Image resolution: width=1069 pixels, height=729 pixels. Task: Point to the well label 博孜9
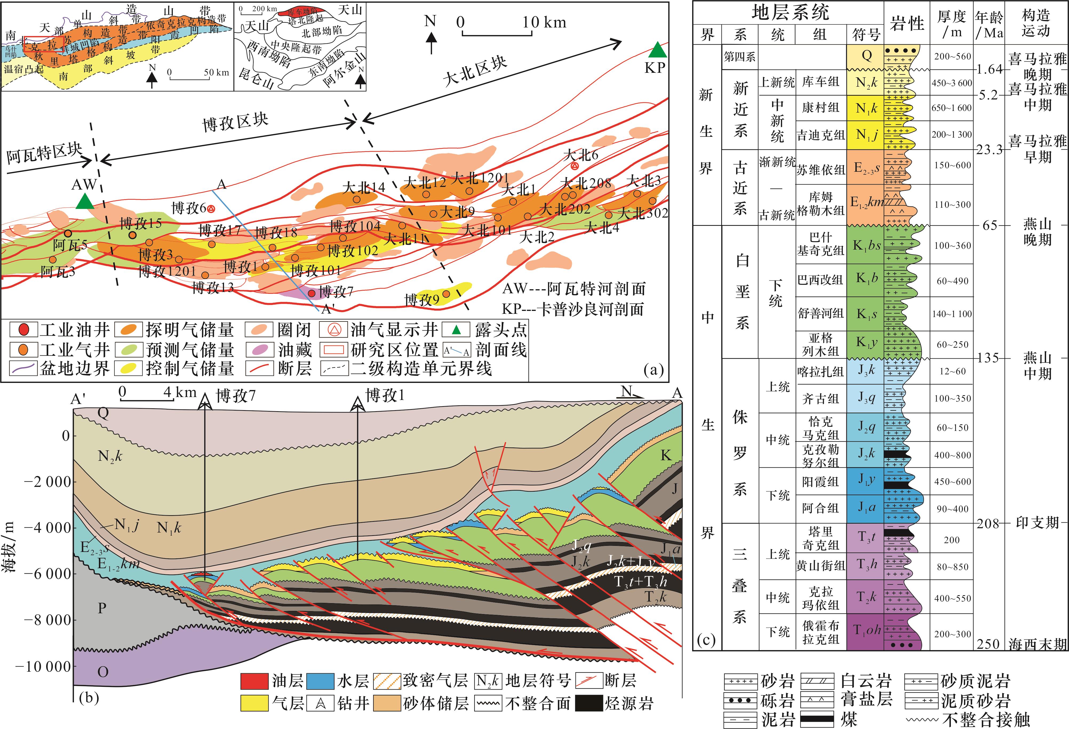click(421, 300)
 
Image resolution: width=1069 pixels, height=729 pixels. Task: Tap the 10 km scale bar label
click(544, 22)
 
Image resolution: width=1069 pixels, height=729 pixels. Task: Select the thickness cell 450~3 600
click(951, 83)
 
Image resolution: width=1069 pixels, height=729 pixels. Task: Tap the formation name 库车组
click(821, 82)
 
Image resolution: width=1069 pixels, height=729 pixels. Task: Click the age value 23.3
click(989, 149)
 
